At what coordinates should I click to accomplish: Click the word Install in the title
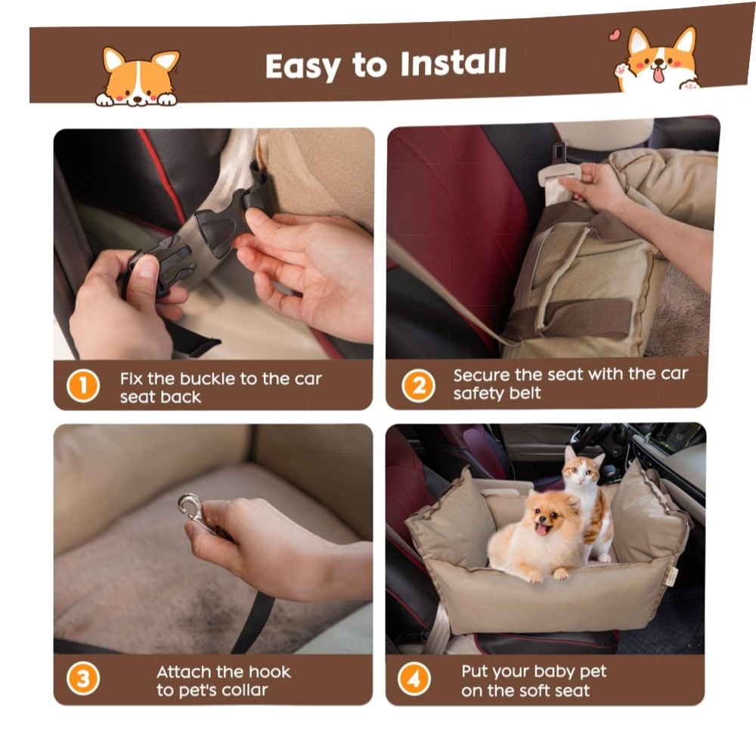(453, 63)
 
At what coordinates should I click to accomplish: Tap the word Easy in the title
(303, 66)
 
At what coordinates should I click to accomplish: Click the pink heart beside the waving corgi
(614, 35)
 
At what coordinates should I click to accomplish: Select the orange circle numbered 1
(83, 386)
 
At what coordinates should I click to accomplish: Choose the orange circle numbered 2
(418, 386)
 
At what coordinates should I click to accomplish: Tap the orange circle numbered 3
(83, 679)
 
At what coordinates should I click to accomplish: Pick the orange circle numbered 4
(414, 679)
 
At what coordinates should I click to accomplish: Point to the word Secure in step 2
(481, 375)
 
